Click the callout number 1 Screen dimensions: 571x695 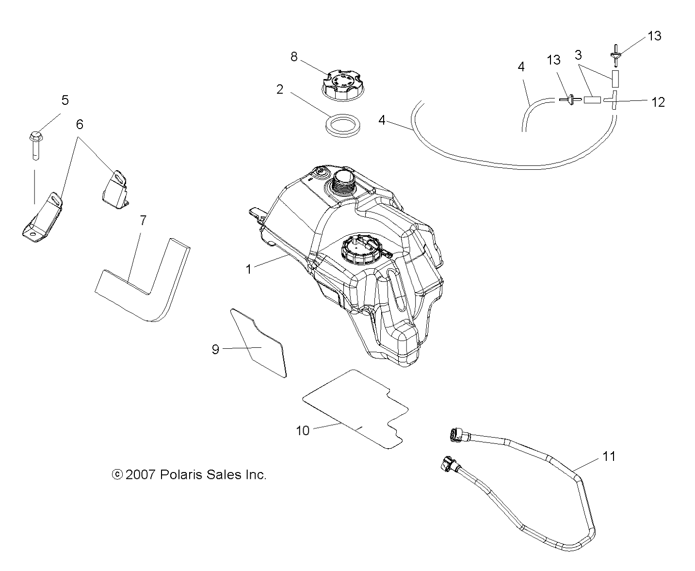click(249, 269)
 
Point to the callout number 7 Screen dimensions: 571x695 click(143, 221)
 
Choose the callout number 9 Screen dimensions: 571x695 click(216, 349)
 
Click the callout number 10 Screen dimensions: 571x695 click(303, 430)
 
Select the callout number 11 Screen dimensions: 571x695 click(609, 456)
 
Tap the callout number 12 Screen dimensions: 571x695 click(658, 102)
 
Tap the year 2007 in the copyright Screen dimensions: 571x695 click(140, 474)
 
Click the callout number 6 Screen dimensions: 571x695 click(80, 125)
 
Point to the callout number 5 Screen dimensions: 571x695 click(65, 100)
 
